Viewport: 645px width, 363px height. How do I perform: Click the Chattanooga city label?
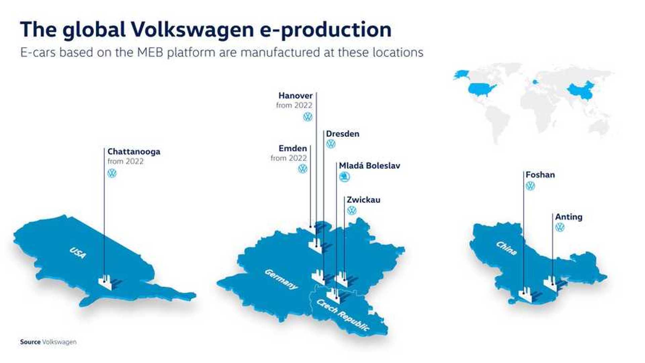tap(134, 152)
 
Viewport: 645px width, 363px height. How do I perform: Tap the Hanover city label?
tap(295, 96)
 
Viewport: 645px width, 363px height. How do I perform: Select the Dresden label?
tap(342, 134)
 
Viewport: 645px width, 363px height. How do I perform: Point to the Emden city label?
tap(293, 149)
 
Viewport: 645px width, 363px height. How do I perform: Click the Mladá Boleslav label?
tap(369, 166)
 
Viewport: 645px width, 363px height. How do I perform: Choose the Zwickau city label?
tap(363, 200)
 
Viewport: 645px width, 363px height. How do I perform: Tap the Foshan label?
tap(540, 175)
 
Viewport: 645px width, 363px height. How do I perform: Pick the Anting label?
tap(568, 217)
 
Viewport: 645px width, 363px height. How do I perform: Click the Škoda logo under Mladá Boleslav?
tap(344, 177)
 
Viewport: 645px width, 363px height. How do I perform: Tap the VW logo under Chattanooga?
tap(112, 173)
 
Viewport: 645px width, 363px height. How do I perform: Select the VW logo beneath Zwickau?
tap(351, 210)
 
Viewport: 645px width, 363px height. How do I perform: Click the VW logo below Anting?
tap(560, 228)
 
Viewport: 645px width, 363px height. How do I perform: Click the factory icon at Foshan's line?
tap(526, 295)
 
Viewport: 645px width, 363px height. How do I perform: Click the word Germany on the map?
tap(281, 279)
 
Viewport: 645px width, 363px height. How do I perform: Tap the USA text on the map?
tap(78, 252)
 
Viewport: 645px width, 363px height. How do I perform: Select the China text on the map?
tap(506, 248)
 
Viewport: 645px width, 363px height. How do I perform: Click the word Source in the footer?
tap(30, 342)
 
